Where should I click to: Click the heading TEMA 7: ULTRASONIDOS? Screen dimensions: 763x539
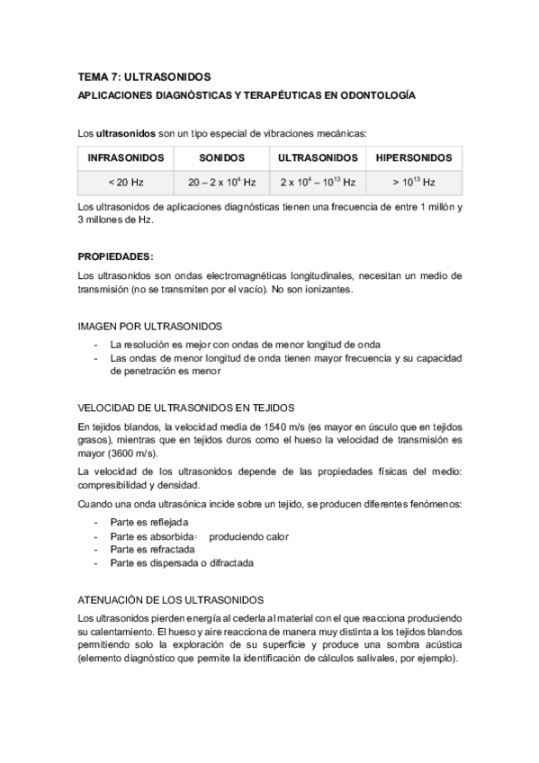(x=144, y=77)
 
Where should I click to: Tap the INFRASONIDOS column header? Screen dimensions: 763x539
(x=125, y=157)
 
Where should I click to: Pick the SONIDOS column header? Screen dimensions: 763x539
(x=222, y=157)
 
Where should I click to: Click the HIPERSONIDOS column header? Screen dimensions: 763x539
(x=413, y=157)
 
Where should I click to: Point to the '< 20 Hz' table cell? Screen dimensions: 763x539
(x=125, y=182)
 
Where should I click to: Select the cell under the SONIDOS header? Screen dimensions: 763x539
(x=222, y=182)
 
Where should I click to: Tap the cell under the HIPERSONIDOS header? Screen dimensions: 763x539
(x=413, y=182)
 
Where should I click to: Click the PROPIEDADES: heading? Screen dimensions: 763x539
(x=115, y=256)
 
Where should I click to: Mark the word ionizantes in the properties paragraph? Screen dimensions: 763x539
(x=334, y=290)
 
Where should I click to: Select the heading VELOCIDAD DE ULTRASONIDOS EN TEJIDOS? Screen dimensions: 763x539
(x=186, y=406)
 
